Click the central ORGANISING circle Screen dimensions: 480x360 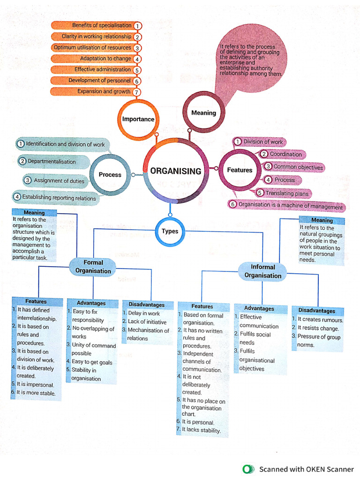pos(176,171)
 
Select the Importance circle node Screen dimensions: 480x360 pos(138,119)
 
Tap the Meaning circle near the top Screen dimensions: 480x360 pos(203,113)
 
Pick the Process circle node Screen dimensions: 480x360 pos(110,175)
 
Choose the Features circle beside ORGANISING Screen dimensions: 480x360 pos(240,170)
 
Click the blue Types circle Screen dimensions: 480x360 pos(170,232)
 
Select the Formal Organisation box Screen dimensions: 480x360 pos(93,267)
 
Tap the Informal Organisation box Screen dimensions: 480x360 pos(262,271)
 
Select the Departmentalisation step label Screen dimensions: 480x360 pos(52,162)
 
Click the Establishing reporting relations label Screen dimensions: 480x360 pos(59,198)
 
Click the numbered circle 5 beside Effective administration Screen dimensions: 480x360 pos(137,70)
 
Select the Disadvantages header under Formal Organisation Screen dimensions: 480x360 pos(147,305)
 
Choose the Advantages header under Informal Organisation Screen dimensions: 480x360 pos(259,308)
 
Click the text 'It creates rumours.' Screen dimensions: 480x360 pos(320,320)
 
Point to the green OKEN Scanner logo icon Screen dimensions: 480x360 pos(247,469)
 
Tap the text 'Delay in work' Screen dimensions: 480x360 pos(144,314)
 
